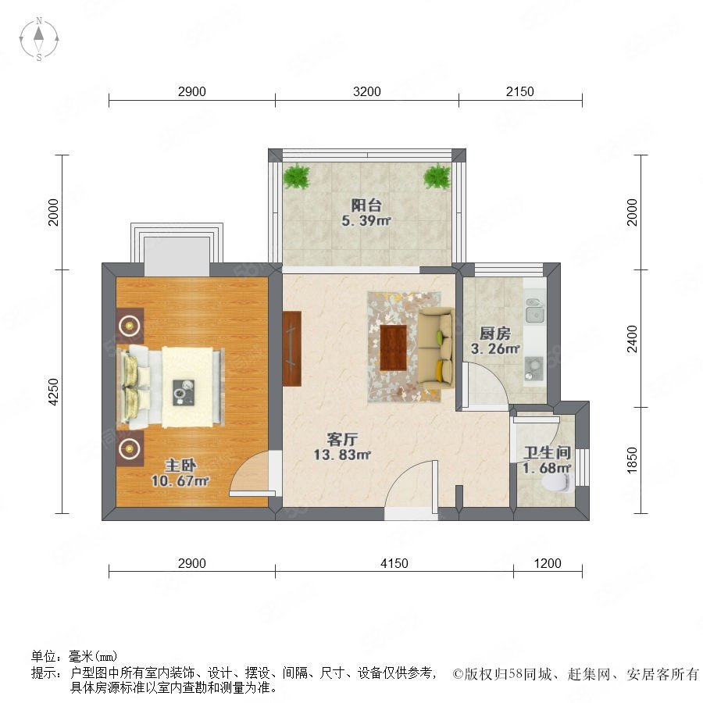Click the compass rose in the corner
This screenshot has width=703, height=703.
click(39, 39)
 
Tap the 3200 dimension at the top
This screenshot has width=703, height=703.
click(367, 92)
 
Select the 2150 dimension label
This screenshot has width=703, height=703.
click(519, 92)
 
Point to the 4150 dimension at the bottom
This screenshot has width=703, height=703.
click(394, 563)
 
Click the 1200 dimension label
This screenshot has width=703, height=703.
click(548, 563)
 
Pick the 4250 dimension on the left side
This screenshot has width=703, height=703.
click(53, 392)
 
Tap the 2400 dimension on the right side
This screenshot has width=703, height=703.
click(632, 339)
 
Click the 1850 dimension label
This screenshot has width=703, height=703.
click(632, 460)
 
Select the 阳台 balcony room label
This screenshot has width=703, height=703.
click(366, 205)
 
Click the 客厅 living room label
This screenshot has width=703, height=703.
click(342, 439)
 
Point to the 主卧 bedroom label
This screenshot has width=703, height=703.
click(180, 466)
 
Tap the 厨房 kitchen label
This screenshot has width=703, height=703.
click(495, 333)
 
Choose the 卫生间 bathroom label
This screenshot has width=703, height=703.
click(547, 452)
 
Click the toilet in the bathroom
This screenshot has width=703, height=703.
click(557, 484)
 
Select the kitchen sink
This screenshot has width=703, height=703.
click(535, 311)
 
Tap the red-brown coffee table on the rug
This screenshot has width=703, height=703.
click(393, 348)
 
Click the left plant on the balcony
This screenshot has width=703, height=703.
click(296, 177)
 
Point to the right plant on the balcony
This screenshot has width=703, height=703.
click(437, 177)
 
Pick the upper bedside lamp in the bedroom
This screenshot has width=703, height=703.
click(130, 325)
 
